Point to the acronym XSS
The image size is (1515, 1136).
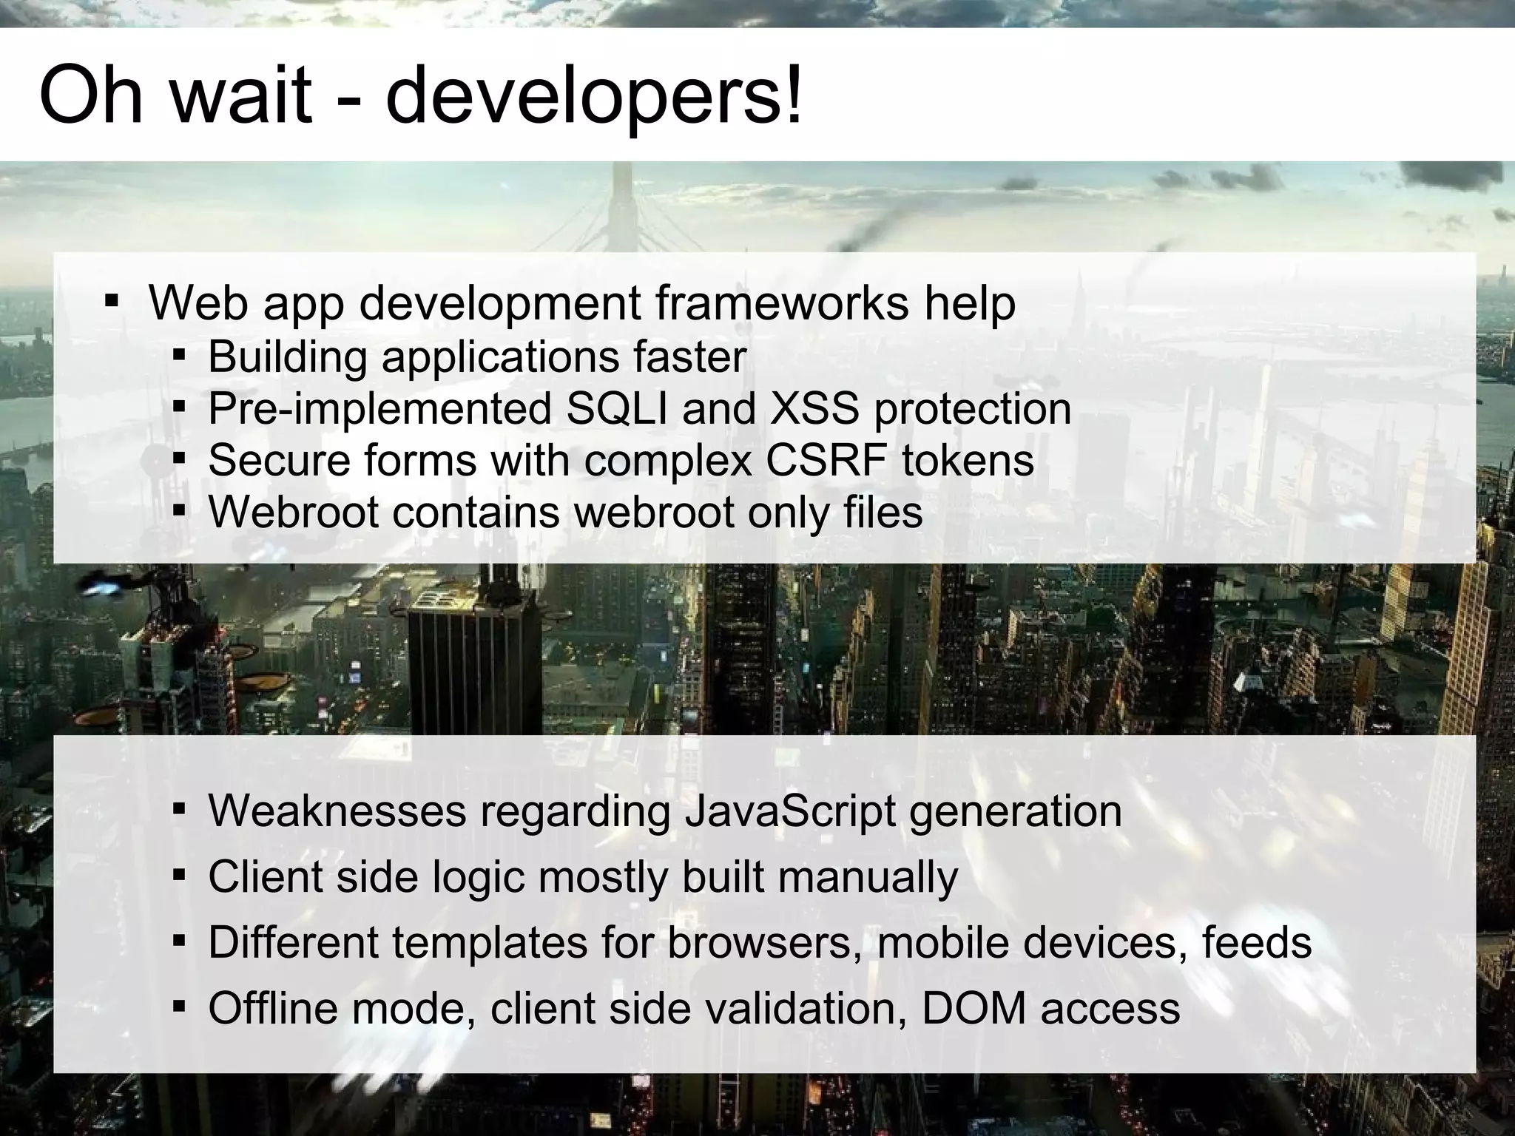tap(814, 408)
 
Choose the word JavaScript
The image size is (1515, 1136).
tap(789, 811)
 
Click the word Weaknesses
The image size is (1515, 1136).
tap(337, 811)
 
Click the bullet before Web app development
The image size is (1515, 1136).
tap(112, 302)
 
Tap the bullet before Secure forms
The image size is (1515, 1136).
tap(178, 460)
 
